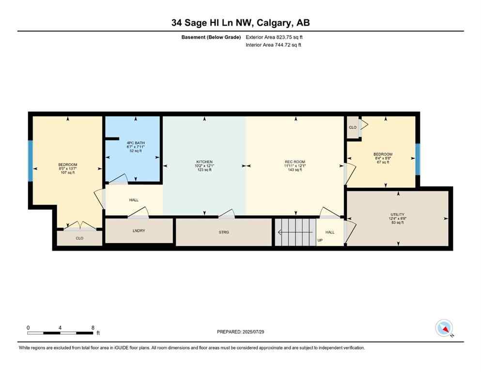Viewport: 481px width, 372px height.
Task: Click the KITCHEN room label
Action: tap(204, 162)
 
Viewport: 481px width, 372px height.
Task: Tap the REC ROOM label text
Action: tap(295, 162)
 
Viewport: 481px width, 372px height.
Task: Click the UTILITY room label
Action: tap(398, 215)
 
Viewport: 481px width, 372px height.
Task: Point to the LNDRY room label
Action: tap(139, 231)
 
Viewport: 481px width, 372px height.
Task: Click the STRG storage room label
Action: tap(223, 232)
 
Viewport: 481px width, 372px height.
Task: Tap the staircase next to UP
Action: tap(295, 232)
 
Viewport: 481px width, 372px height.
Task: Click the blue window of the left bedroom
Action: tap(30, 161)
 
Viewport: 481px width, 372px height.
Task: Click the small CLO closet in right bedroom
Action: tap(353, 127)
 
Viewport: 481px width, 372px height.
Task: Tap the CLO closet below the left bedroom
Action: tap(79, 238)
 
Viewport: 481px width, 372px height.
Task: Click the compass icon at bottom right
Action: tap(444, 328)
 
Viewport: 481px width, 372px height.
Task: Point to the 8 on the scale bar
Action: tap(93, 328)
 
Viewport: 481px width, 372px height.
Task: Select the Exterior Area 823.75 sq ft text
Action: tap(274, 37)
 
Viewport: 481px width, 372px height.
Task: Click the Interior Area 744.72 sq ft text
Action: tap(274, 45)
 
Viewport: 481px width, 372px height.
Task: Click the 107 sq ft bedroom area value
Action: tap(67, 173)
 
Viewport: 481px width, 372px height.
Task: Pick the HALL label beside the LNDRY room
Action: tap(134, 200)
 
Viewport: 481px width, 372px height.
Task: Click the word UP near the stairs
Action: tap(320, 240)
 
